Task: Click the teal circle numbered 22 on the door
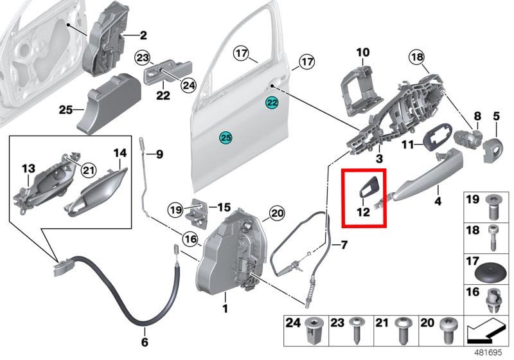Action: tap(272, 103)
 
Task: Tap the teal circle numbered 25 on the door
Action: tap(225, 137)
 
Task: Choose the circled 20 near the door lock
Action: tap(276, 213)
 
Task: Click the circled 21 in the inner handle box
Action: tap(88, 170)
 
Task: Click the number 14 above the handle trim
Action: tap(120, 153)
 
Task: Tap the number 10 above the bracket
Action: tap(363, 51)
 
